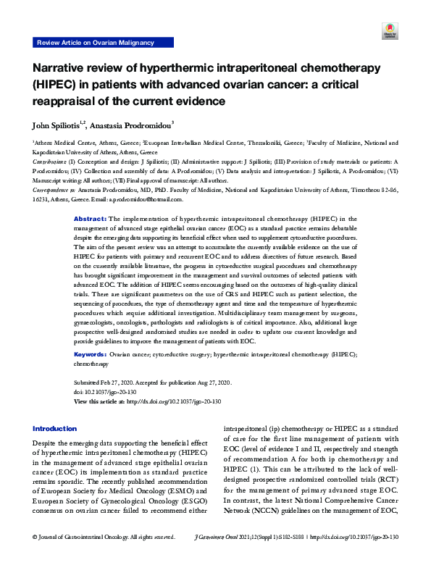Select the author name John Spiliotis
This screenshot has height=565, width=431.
tap(57, 124)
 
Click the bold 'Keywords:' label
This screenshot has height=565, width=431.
tap(91, 355)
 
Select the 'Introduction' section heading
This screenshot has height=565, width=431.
tap(54, 429)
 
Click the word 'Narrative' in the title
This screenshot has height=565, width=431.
tap(59, 68)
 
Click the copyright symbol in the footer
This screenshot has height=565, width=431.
tap(35, 557)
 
